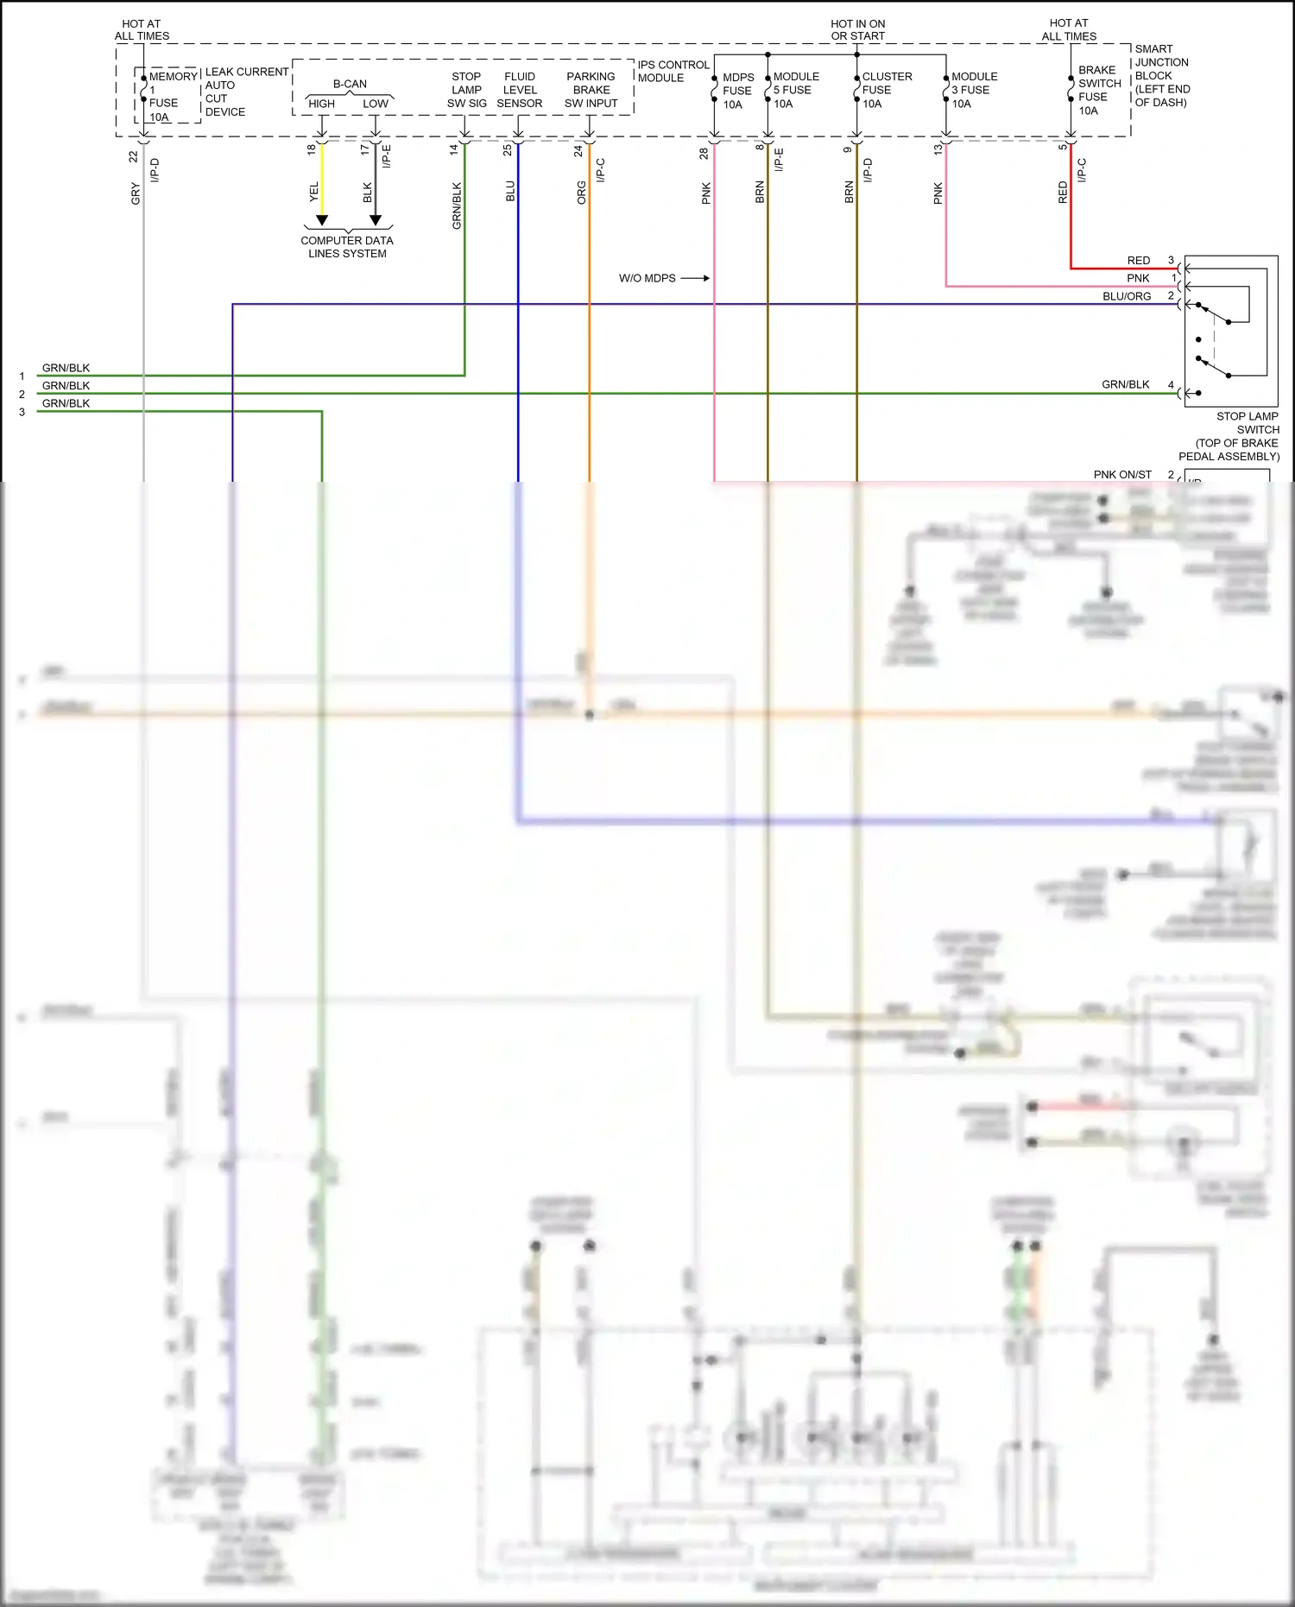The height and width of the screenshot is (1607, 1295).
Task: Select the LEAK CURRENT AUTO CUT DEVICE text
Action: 245,92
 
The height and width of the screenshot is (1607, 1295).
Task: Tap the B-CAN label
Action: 350,84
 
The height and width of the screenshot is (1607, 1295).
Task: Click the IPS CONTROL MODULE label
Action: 673,71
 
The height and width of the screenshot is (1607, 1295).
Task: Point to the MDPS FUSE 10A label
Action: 737,91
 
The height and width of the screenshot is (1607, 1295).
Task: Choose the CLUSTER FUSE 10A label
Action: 886,90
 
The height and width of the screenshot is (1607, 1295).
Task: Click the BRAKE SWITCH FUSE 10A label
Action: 1098,90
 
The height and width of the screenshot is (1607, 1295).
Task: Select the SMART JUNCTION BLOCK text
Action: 1161,75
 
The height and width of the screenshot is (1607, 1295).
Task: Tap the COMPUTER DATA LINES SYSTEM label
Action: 347,247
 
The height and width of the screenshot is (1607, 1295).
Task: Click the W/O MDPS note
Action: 647,278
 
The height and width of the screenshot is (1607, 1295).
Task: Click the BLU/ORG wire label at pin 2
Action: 1126,296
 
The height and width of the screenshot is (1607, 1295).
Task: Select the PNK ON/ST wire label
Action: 1121,474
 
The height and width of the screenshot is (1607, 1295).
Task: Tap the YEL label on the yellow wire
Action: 314,192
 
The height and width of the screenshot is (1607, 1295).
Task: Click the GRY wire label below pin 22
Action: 136,193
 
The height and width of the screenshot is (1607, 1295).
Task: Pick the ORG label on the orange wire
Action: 581,193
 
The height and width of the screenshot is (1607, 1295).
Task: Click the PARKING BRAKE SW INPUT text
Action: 591,90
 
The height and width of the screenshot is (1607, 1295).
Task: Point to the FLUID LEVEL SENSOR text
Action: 519,90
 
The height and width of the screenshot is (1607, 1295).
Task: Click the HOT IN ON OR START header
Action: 857,30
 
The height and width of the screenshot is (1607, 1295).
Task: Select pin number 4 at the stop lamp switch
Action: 1171,384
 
